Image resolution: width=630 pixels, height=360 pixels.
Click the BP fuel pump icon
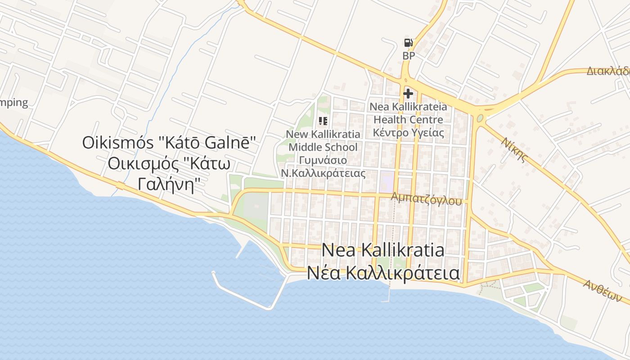click(408, 43)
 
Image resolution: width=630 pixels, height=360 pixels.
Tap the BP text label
click(409, 56)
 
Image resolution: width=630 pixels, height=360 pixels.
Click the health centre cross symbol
click(408, 94)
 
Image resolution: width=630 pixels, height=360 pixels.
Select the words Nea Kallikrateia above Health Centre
click(408, 107)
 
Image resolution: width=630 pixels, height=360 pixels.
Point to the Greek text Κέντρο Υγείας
click(408, 133)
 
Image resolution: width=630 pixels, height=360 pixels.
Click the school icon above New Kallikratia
click(323, 121)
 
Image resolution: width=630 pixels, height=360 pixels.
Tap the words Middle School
click(323, 147)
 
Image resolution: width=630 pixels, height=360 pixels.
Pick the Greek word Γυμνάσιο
click(323, 160)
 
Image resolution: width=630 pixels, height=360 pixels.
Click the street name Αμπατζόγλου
click(426, 198)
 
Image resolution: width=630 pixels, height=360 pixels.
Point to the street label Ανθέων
click(602, 290)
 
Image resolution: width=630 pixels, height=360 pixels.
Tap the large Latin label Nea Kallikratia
click(383, 250)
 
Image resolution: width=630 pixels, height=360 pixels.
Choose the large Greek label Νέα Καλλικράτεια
click(383, 273)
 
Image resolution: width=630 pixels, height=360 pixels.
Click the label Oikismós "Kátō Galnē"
click(169, 143)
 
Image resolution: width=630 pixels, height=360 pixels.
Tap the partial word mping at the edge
click(13, 103)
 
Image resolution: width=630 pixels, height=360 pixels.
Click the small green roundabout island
click(480, 118)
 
